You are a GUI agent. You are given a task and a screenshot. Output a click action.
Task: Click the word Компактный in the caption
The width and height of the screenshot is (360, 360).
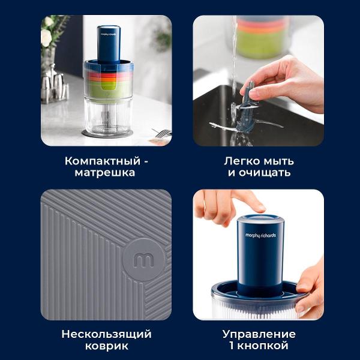click(103, 161)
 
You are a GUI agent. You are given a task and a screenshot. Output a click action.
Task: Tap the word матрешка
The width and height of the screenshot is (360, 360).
click(105, 173)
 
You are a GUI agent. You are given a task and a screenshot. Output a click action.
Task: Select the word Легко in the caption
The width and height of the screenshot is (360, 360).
click(242, 161)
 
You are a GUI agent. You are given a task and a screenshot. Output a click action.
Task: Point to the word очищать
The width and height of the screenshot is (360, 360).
click(265, 173)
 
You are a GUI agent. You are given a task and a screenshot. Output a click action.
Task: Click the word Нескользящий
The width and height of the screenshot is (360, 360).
click(106, 334)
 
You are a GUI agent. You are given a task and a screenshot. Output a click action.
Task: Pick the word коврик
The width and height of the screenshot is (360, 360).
click(107, 346)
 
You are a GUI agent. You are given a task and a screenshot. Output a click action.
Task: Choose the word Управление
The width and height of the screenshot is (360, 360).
click(259, 334)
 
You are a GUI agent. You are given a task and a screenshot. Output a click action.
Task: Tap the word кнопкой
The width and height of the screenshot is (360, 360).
click(263, 346)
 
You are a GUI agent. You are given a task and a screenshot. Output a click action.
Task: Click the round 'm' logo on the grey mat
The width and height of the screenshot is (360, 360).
click(144, 260)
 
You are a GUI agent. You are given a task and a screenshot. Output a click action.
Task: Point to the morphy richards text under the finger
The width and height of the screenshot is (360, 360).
click(260, 235)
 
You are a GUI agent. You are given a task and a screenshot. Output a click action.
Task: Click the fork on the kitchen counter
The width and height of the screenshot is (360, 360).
click(162, 133)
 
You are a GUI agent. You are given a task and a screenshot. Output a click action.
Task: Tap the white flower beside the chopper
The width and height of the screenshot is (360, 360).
click(46, 37)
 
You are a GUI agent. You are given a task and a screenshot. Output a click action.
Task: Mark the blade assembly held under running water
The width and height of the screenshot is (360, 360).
click(245, 113)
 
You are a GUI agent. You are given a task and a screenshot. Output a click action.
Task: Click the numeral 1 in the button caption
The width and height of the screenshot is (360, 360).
click(232, 346)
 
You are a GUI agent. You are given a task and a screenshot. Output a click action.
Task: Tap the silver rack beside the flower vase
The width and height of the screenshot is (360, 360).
click(54, 86)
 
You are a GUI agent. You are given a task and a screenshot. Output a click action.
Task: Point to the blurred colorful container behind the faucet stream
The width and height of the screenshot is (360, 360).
click(260, 37)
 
